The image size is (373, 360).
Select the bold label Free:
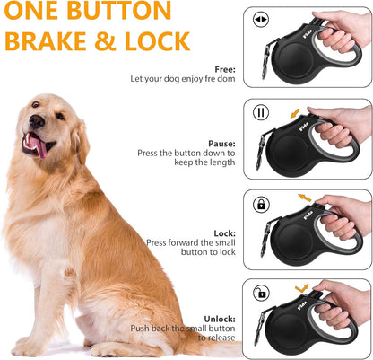(x=224, y=69)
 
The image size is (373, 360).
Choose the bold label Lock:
(x=224, y=233)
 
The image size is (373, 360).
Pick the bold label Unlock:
(x=219, y=318)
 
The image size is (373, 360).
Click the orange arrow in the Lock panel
(x=306, y=196)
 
